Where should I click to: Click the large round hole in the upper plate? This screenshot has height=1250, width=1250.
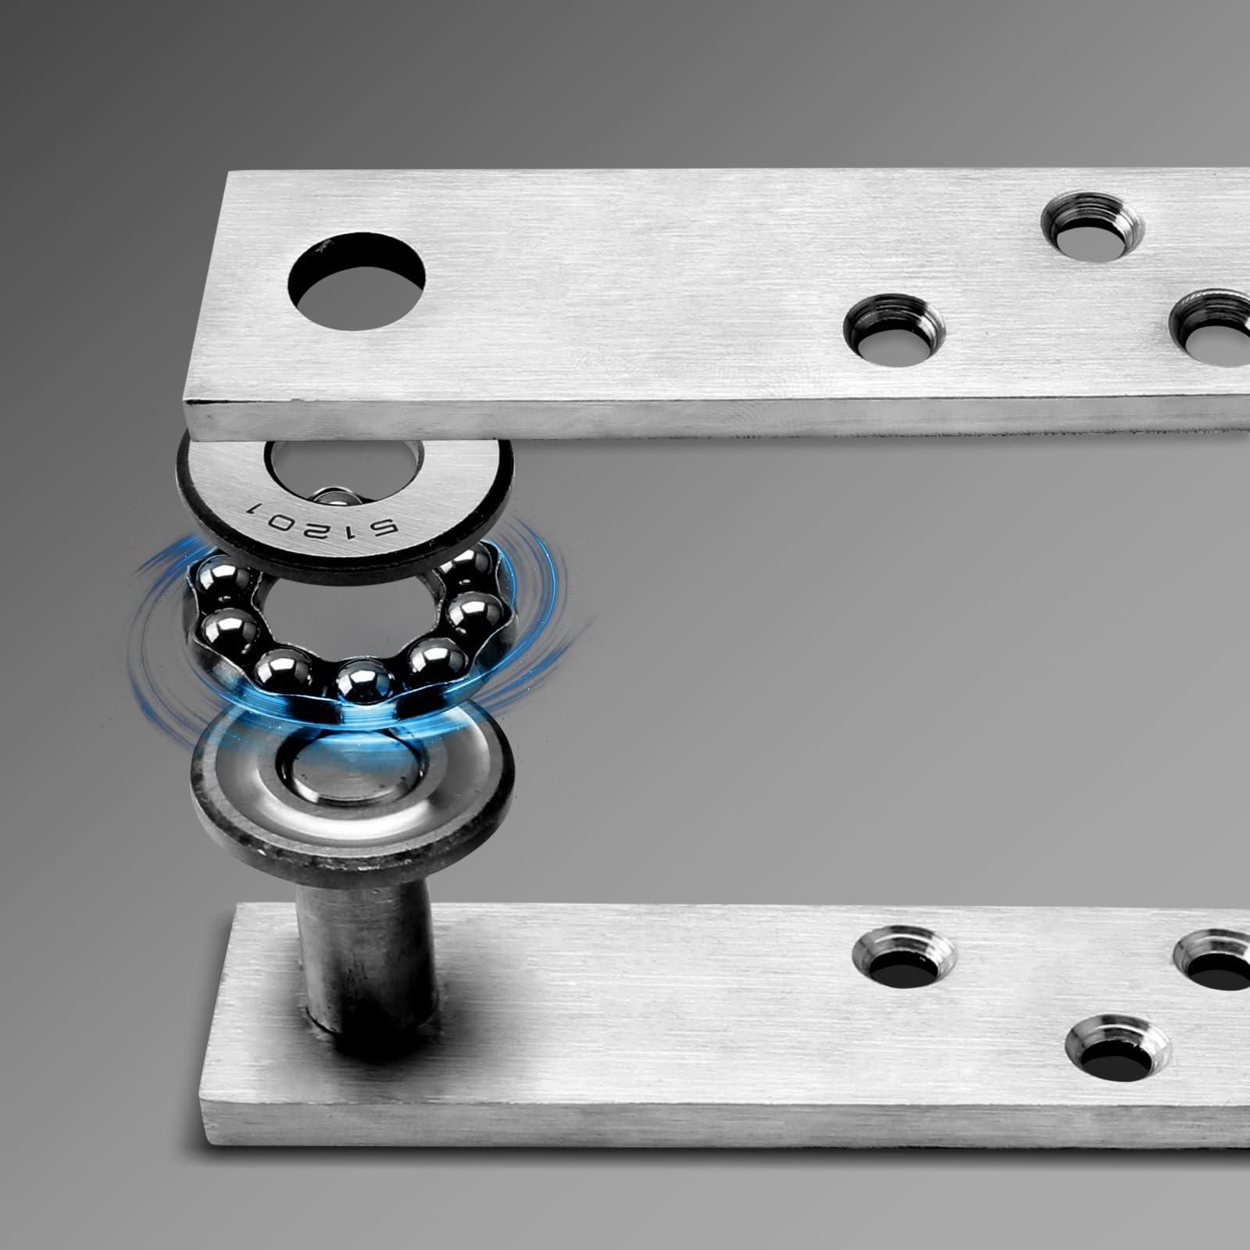pos(358,284)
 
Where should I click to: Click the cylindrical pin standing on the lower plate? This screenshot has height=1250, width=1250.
pos(366,937)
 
